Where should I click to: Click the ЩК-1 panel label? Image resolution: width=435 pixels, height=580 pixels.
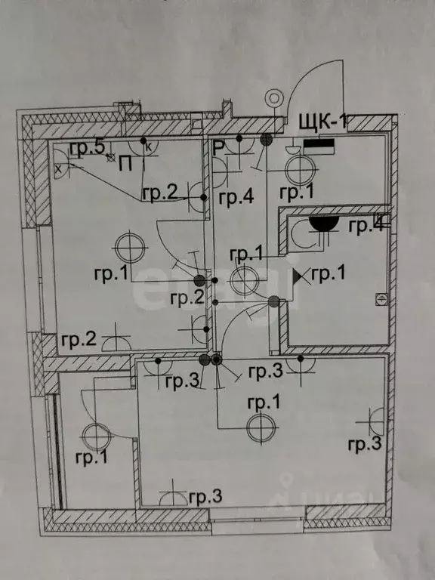click(x=323, y=122)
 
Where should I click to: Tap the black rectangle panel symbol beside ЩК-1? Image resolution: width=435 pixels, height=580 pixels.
click(x=319, y=146)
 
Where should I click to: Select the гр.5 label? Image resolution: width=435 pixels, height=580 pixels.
click(x=88, y=148)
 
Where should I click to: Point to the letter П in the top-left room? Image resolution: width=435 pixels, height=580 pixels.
click(x=126, y=164)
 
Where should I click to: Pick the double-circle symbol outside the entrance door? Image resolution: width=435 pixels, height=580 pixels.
click(x=273, y=98)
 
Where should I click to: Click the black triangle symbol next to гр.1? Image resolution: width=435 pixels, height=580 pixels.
click(x=298, y=276)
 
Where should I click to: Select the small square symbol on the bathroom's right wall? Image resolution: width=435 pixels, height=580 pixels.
click(x=381, y=299)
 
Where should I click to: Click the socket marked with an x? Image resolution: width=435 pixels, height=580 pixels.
click(x=60, y=162)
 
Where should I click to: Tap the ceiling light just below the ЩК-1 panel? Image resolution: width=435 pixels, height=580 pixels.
click(x=301, y=170)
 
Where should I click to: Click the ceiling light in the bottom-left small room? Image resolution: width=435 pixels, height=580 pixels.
click(x=96, y=437)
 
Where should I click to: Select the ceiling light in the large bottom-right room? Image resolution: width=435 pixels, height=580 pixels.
click(x=261, y=428)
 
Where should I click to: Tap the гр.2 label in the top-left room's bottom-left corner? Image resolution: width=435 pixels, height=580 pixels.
click(x=79, y=339)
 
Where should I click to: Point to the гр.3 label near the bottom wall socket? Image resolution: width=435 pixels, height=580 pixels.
click(x=205, y=497)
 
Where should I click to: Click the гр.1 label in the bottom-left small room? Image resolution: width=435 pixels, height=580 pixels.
click(x=91, y=458)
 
